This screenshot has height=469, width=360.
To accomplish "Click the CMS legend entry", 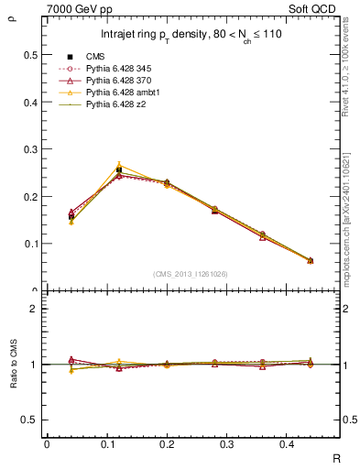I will coord(96,57).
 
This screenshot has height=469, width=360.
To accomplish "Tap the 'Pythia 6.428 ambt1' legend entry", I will coord(125,93).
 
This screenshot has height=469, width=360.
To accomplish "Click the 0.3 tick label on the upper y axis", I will coord(28,148).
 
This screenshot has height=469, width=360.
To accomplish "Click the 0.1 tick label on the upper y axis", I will coord(28,244).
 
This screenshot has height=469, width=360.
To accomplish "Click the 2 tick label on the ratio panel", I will coord(32,309).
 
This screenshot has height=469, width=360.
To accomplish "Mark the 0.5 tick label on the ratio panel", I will coord(28,420).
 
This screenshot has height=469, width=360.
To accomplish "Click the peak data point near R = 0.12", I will coord(119,169).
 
